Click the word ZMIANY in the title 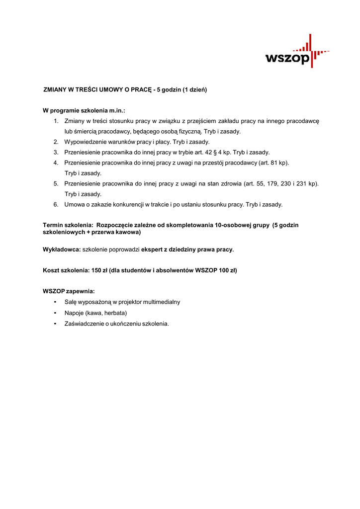(x=55, y=90)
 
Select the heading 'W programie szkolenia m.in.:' (x=84, y=110)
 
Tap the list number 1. (x=56, y=121)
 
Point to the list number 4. (x=56, y=163)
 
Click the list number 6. (x=56, y=204)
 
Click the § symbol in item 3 (x=215, y=152)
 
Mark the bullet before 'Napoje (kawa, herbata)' (x=54, y=313)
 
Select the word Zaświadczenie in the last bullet (x=84, y=324)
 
